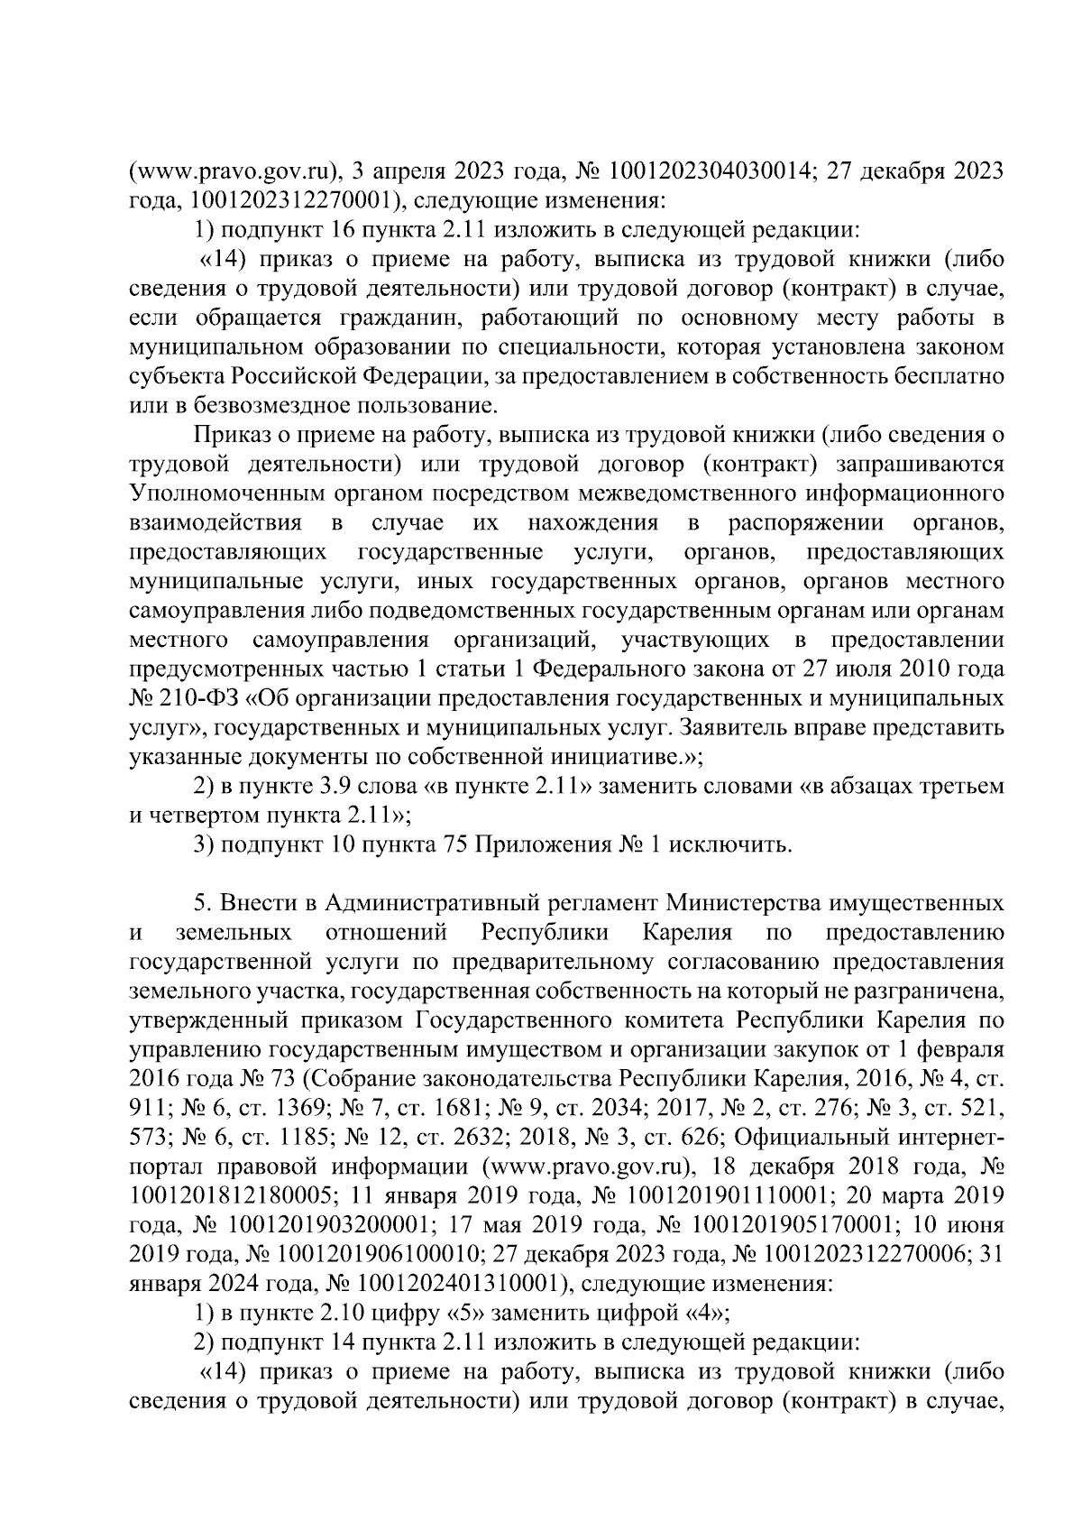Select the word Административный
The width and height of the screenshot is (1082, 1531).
433,903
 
